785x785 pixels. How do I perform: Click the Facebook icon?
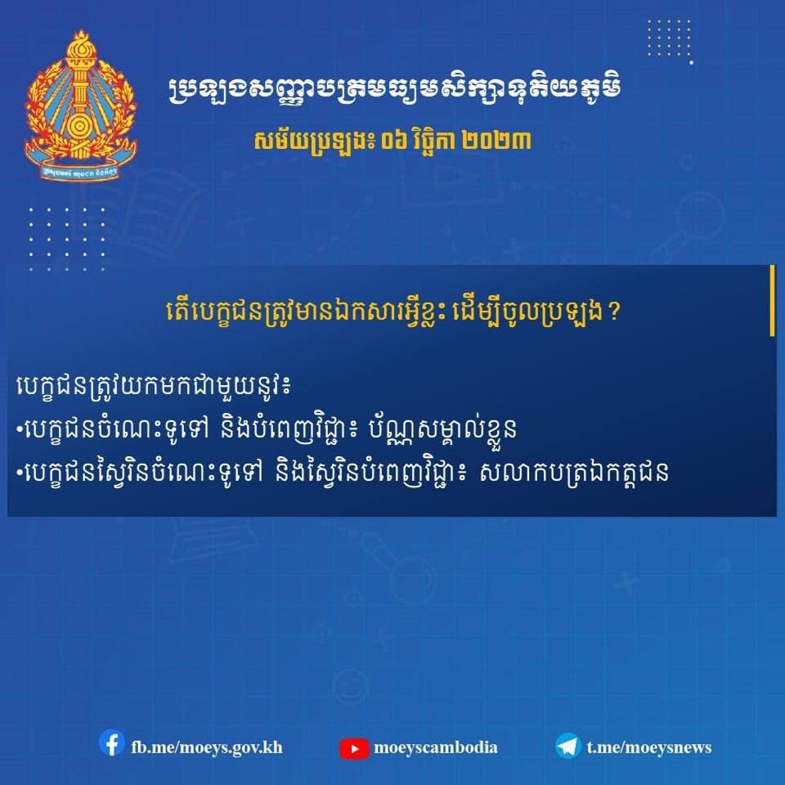[x=112, y=743]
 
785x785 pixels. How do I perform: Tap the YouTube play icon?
[x=354, y=748]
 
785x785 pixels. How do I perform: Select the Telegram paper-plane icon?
[x=568, y=746]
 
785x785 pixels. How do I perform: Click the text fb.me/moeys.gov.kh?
[x=207, y=747]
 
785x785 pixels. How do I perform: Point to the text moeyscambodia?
[x=436, y=747]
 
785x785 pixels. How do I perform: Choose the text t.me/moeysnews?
[x=648, y=747]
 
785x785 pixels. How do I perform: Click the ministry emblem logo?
[x=81, y=105]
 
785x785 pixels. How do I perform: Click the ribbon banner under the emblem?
[x=81, y=168]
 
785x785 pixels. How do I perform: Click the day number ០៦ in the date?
[x=393, y=141]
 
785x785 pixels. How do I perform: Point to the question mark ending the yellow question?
[x=615, y=312]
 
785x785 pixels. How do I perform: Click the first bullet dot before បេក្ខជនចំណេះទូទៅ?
[x=20, y=428]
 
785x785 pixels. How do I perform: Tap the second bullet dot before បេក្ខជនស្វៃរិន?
[x=20, y=472]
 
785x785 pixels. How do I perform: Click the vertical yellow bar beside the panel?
[x=773, y=300]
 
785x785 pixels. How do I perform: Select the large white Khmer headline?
[x=394, y=90]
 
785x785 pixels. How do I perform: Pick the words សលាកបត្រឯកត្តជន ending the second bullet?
[x=574, y=472]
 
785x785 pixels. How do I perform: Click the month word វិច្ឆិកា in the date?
[x=433, y=140]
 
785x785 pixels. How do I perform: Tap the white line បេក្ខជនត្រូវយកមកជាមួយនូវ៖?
[x=153, y=386]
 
